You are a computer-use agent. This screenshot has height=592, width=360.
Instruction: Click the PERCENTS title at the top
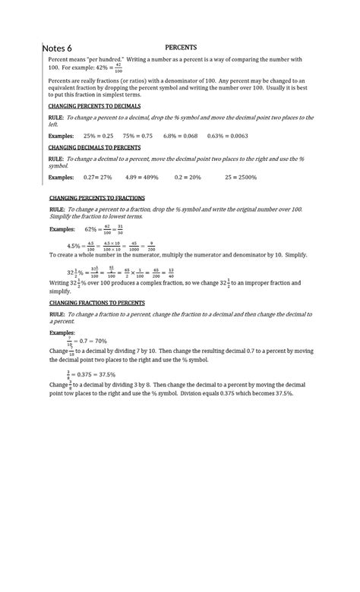pos(181,46)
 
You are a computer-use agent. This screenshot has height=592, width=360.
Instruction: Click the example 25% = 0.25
pos(98,136)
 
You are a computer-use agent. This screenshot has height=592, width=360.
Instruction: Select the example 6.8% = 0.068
pos(181,136)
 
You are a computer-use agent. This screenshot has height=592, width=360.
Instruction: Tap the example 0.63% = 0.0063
pos(228,136)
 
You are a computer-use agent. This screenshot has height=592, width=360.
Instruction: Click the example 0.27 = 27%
pos(98,177)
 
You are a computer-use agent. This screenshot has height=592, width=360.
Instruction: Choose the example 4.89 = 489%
pos(142,177)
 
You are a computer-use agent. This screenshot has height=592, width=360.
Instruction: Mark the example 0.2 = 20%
pos(188,177)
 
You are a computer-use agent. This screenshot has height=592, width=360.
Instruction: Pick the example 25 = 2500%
pos(241,177)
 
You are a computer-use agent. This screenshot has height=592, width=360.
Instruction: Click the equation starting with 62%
pos(104,228)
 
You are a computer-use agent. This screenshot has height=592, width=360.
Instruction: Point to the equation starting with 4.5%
pos(111,246)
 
